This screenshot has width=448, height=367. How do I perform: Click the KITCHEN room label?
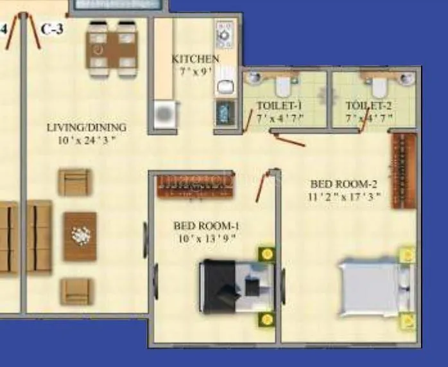coord(195,59)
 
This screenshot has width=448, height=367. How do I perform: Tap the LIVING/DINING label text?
coord(87,127)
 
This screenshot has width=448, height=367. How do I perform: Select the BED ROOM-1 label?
coord(206,226)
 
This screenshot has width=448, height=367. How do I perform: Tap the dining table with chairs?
coord(112,48)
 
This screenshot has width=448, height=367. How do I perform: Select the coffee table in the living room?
coord(80,236)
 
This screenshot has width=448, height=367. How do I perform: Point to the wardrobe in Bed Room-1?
coord(195,185)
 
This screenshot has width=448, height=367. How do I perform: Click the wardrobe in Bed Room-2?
coord(404,170)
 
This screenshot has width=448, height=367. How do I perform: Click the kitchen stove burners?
coord(224,33)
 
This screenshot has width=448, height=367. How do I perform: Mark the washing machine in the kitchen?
coord(164,114)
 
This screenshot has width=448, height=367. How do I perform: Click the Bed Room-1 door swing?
coord(261,186)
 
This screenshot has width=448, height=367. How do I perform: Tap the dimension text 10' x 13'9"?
coord(206,238)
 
